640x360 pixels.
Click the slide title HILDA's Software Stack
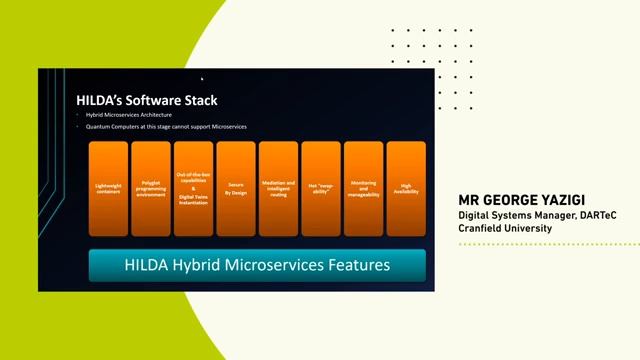pyautogui.click(x=147, y=100)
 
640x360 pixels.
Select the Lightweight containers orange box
pyautogui.click(x=108, y=188)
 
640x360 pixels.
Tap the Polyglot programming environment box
pyautogui.click(x=151, y=188)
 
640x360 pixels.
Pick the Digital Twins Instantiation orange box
pyautogui.click(x=193, y=188)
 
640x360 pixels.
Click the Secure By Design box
pyautogui.click(x=236, y=188)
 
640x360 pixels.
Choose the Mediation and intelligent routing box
pyautogui.click(x=278, y=188)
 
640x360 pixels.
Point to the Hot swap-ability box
pyautogui.click(x=321, y=188)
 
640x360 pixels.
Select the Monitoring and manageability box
pyautogui.click(x=363, y=188)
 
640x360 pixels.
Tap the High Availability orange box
pyautogui.click(x=406, y=188)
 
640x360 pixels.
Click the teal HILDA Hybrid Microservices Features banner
pyautogui.click(x=257, y=266)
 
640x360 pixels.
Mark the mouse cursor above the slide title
pyautogui.click(x=201, y=78)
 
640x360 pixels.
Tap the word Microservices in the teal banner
pyautogui.click(x=276, y=266)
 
